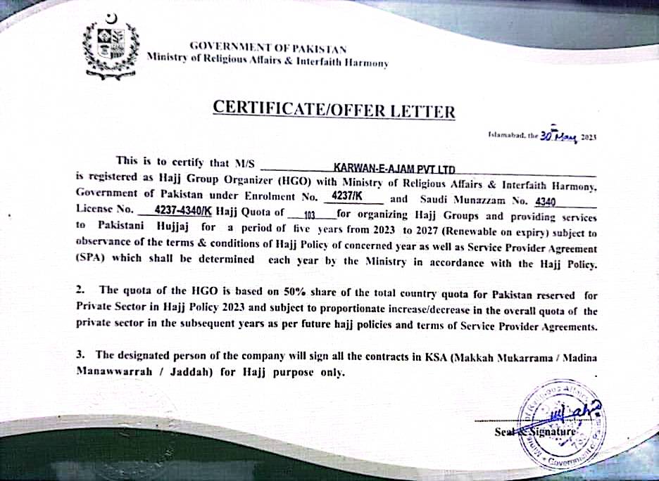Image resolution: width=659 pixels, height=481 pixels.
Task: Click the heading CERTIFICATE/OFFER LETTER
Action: pyautogui.click(x=334, y=110)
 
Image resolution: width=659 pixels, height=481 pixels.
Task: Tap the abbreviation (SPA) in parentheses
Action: pyautogui.click(x=92, y=259)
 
